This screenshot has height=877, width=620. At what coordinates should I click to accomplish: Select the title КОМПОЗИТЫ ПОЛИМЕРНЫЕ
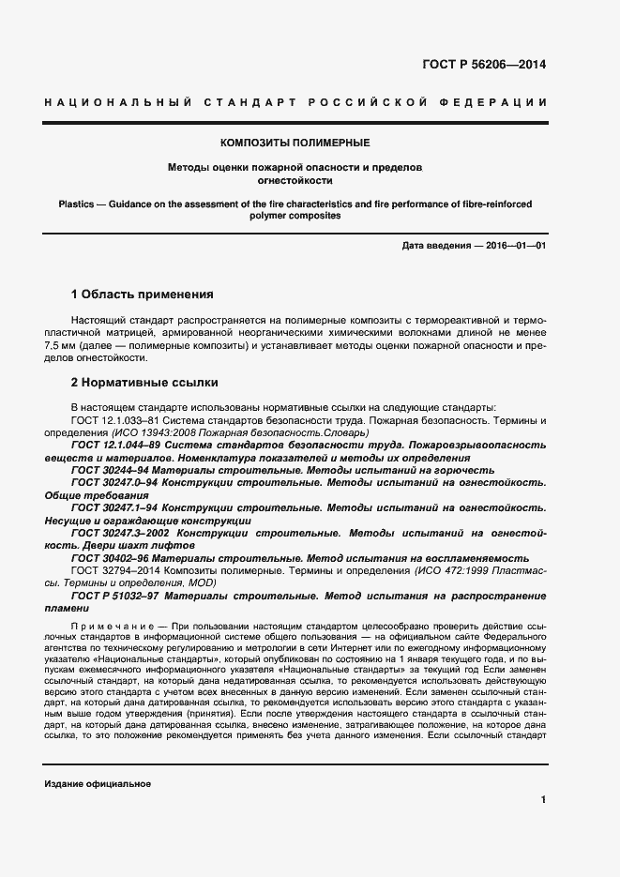tap(295, 143)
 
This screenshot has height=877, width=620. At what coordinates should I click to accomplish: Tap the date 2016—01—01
tap(514, 245)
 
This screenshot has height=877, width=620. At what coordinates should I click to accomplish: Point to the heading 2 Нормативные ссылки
tap(144, 383)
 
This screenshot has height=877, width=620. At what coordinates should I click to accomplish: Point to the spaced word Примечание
tap(108, 624)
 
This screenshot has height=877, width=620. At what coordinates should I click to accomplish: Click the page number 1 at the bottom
tap(543, 799)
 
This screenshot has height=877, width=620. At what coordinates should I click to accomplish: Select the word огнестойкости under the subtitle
tap(295, 180)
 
